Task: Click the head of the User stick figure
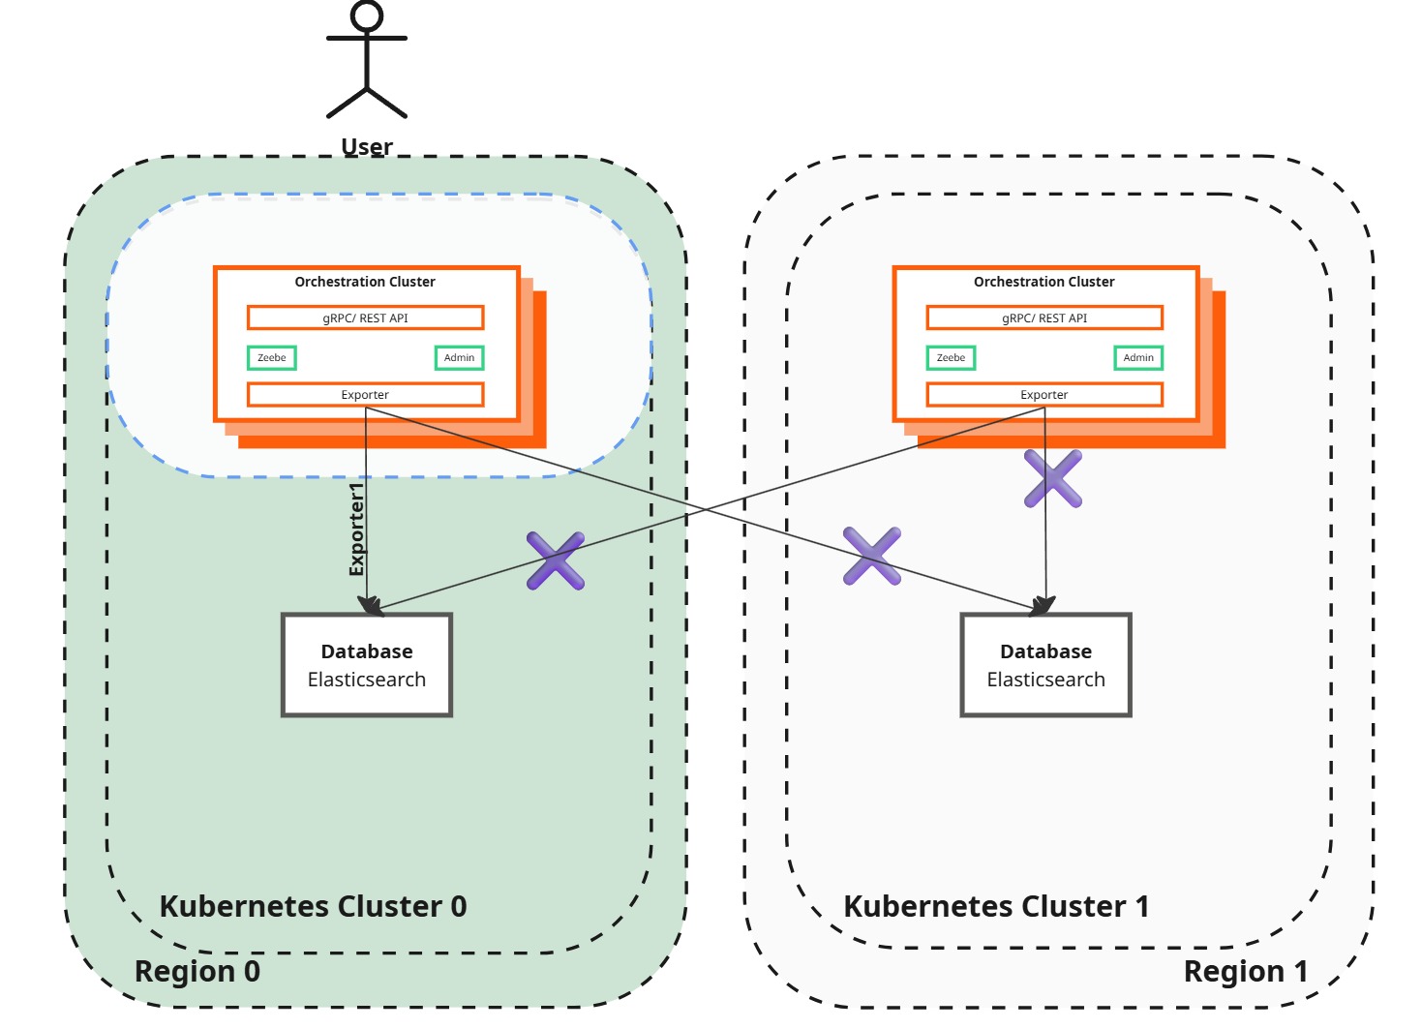[x=367, y=16]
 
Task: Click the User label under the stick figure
[x=367, y=147]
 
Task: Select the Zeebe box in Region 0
[x=272, y=358]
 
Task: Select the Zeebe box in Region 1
[x=951, y=358]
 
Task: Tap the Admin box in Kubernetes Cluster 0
[x=459, y=358]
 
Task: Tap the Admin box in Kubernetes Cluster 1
[x=1138, y=358]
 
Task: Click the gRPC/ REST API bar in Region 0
[x=365, y=318]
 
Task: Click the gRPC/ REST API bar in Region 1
[x=1044, y=318]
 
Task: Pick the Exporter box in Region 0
[x=365, y=395]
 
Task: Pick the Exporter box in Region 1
[x=1044, y=395]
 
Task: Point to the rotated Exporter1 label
[x=357, y=530]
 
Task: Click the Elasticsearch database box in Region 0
[x=367, y=665]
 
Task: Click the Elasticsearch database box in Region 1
[x=1045, y=665]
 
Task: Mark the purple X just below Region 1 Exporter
[x=1053, y=478]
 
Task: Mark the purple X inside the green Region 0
[x=556, y=560]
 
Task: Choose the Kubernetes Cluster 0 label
[x=313, y=906]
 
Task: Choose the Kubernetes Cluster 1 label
[x=996, y=906]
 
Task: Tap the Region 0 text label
[x=197, y=971]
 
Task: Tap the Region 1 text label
[x=1245, y=971]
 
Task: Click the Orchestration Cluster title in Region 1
[x=1044, y=282]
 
